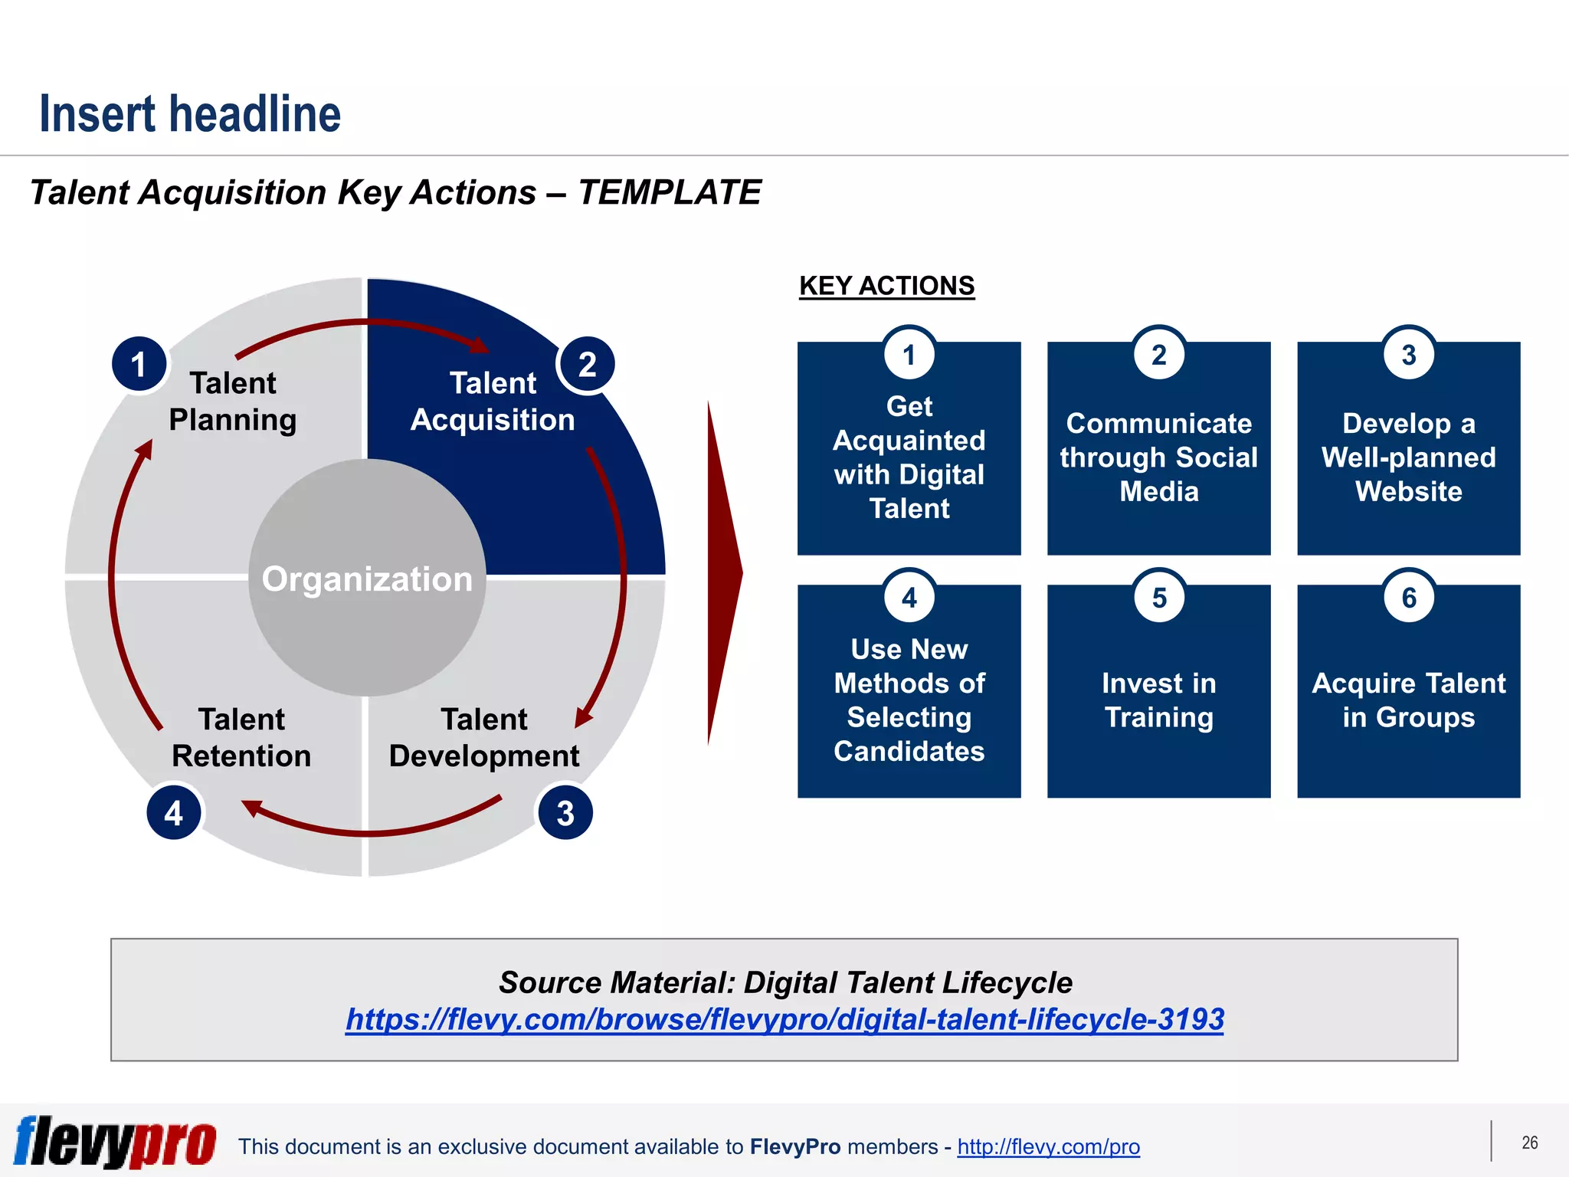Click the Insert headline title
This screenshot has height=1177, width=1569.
click(189, 114)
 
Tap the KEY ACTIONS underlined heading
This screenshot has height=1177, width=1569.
click(886, 286)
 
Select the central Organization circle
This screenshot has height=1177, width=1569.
click(367, 579)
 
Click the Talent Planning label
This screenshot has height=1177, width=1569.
click(233, 402)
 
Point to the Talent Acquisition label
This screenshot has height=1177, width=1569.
click(493, 402)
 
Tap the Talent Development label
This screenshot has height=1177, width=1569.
click(483, 737)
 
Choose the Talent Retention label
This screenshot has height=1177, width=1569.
click(241, 737)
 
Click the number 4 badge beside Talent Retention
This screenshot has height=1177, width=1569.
click(174, 813)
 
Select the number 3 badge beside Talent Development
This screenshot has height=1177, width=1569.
click(565, 813)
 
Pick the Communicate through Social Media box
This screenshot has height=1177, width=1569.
click(1158, 457)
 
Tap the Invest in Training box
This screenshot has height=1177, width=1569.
click(1158, 700)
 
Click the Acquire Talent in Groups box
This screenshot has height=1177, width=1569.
click(1408, 700)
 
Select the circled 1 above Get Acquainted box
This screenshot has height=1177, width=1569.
click(909, 355)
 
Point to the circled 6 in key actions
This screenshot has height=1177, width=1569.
click(1409, 598)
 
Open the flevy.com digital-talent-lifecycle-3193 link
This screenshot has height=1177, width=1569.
click(784, 1019)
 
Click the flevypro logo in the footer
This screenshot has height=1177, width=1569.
click(115, 1142)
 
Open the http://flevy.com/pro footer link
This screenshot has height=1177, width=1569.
click(1048, 1146)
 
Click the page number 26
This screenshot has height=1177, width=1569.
click(1529, 1143)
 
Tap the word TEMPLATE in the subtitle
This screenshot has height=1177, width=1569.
click(669, 192)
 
